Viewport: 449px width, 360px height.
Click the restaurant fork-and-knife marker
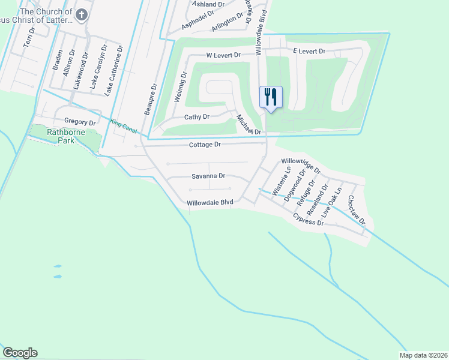270,97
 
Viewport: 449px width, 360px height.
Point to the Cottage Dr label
205,145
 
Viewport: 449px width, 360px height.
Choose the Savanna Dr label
208,176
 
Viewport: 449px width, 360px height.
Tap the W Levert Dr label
223,55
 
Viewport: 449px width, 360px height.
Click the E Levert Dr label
309,52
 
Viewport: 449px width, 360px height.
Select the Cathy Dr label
196,117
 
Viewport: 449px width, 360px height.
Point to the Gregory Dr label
80,122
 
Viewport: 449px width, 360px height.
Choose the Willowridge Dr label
301,166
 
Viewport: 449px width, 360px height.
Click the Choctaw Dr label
357,210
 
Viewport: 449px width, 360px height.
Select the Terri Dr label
28,37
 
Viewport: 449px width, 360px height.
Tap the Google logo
20,353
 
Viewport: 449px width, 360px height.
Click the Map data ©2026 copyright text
423,355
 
